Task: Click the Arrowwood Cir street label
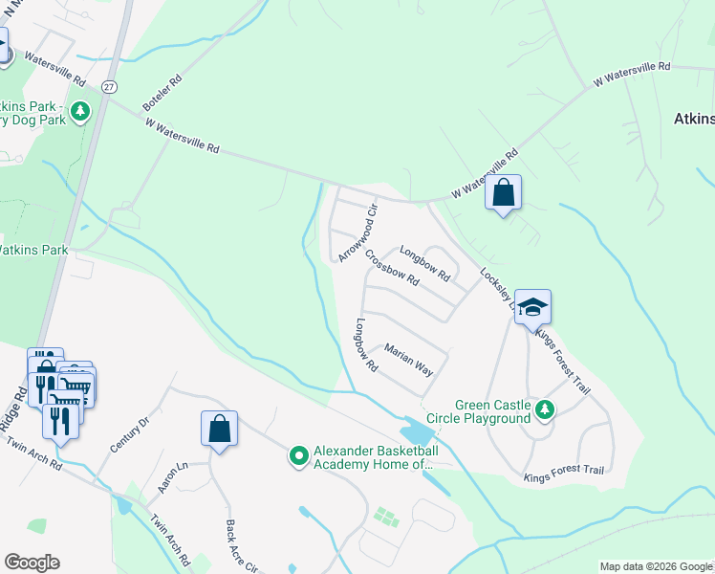click(358, 231)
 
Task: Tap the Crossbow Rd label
click(391, 268)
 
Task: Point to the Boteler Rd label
click(161, 94)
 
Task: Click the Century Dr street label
click(131, 433)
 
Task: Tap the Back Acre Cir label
click(240, 546)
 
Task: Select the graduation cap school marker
click(532, 307)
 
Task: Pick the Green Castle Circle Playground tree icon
click(545, 410)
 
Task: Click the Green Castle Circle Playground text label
click(492, 411)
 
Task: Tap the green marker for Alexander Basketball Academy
click(299, 457)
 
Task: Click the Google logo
click(32, 562)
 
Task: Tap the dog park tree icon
click(80, 113)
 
